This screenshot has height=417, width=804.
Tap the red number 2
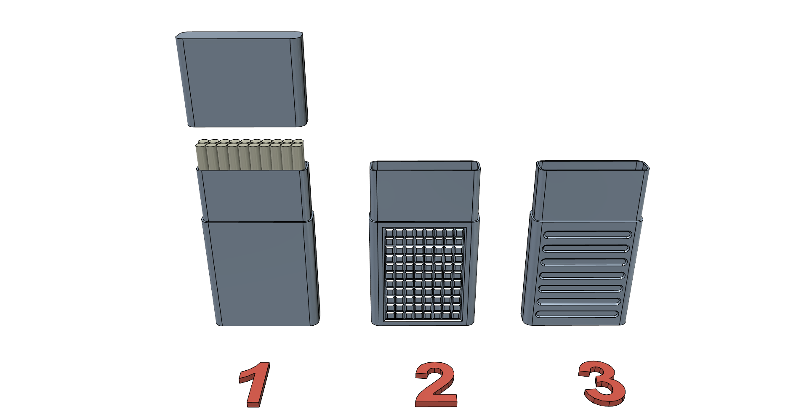(x=436, y=385)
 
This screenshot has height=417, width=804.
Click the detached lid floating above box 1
(x=242, y=79)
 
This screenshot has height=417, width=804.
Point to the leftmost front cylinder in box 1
(x=201, y=157)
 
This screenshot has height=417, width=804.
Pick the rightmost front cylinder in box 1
(x=297, y=157)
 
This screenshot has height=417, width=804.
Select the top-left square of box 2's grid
(x=389, y=233)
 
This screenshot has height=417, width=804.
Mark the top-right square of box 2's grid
(x=459, y=233)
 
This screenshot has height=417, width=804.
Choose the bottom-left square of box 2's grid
(x=390, y=315)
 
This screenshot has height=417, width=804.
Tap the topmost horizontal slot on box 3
(x=588, y=234)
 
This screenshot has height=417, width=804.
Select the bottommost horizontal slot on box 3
(x=577, y=314)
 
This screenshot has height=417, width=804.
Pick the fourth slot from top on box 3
(x=583, y=276)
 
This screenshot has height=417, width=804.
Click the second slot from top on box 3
(x=586, y=248)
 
